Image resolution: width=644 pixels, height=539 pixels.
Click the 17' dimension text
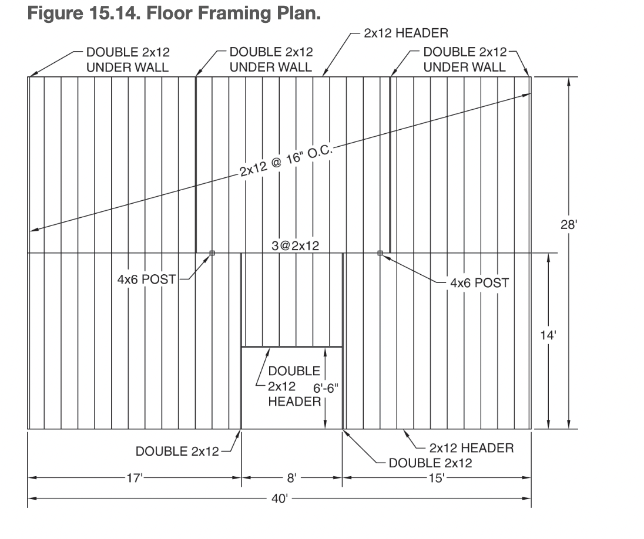[x=135, y=478]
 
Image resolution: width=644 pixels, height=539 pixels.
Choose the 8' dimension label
[x=292, y=478]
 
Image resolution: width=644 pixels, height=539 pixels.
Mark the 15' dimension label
[x=437, y=478]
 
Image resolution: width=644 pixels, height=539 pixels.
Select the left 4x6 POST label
[x=147, y=279]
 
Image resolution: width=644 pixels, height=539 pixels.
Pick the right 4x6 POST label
[x=479, y=283]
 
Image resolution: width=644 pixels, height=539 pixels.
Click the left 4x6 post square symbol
[x=212, y=253]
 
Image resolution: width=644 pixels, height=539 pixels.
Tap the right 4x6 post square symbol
[x=380, y=253]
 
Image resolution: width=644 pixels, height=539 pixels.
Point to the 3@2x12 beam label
[x=296, y=246]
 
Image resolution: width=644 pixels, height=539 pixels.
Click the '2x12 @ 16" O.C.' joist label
[x=286, y=162]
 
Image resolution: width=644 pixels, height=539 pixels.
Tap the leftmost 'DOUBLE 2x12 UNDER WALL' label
[x=128, y=59]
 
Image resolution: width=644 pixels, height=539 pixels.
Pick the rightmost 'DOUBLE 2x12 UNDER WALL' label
[x=464, y=59]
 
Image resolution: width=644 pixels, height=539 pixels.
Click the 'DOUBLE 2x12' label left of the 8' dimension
[x=177, y=452]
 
